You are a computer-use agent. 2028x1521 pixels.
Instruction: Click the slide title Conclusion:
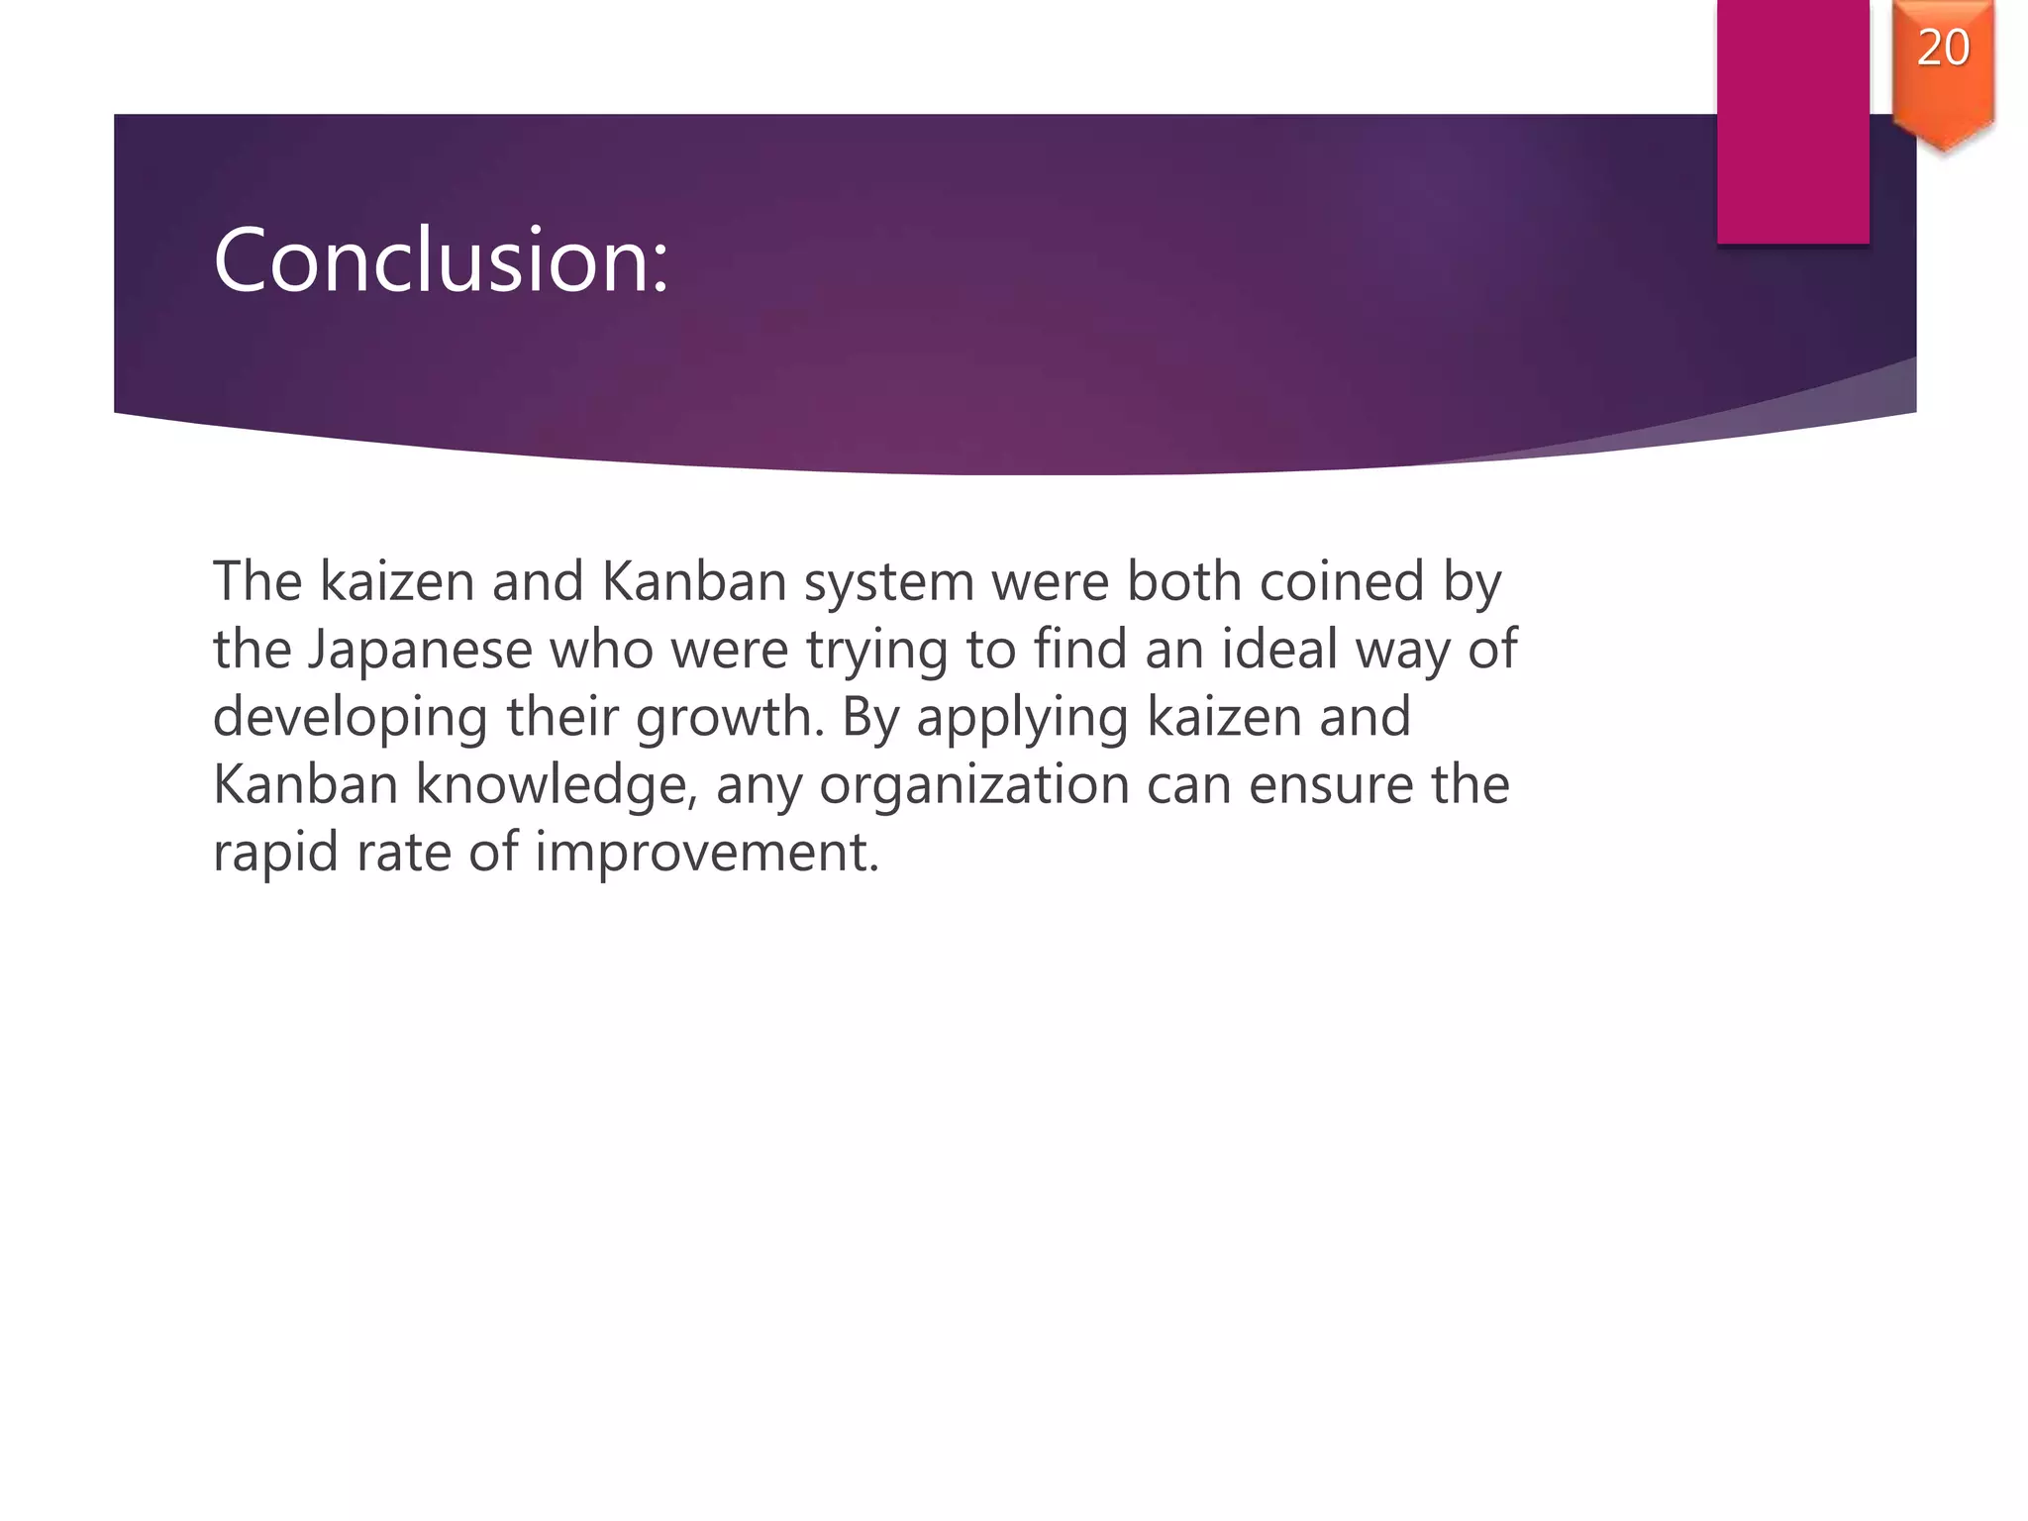coord(441,260)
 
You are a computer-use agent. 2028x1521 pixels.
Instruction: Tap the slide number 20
coord(1943,49)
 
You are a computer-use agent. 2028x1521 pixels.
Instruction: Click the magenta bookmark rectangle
coord(1792,119)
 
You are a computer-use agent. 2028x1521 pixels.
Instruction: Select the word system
coord(888,582)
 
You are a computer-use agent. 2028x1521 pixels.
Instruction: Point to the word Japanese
coord(420,651)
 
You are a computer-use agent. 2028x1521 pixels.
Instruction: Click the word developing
coord(350,719)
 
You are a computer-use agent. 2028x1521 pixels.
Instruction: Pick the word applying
coord(1022,719)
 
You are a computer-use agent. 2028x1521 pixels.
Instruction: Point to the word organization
coord(973,786)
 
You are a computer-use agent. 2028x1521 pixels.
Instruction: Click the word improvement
coord(706,854)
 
